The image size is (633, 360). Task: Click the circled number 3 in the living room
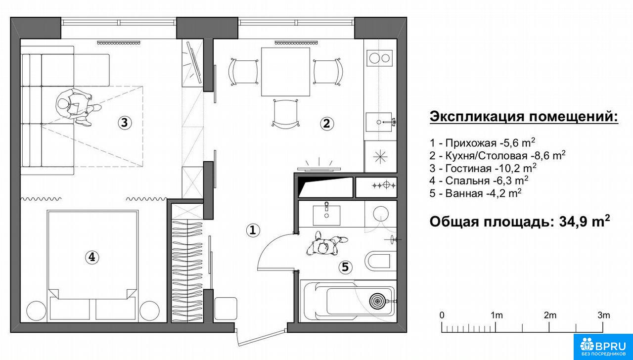[125, 123]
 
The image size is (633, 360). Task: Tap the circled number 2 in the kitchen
[327, 124]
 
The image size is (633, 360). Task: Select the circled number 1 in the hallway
[253, 230]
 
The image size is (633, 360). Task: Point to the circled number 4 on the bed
[92, 257]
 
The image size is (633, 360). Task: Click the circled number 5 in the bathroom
[345, 267]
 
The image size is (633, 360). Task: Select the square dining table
[285, 72]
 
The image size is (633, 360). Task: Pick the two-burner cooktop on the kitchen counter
[379, 58]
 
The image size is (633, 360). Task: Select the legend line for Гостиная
[483, 168]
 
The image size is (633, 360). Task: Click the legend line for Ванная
[476, 193]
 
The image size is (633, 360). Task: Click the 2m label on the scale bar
[550, 315]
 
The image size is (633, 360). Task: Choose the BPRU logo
[603, 347]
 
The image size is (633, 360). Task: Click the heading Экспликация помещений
[524, 117]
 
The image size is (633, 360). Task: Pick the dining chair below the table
[286, 114]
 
